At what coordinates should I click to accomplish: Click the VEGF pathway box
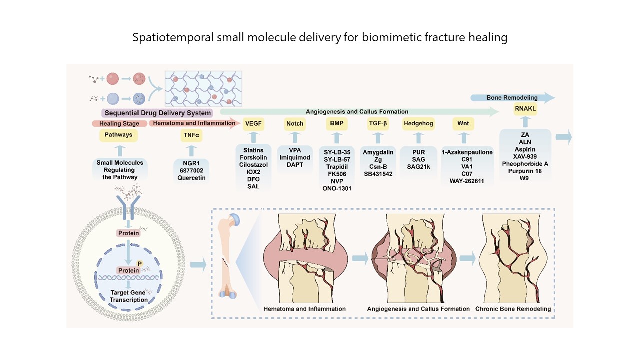pos(253,124)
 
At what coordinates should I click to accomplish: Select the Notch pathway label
pos(295,124)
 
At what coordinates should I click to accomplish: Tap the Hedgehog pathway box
pos(418,124)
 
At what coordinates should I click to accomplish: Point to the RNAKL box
pos(525,109)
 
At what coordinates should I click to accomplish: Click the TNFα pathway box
pos(191,135)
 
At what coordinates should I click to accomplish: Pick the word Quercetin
pos(191,178)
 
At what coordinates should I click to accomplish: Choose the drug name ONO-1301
pos(337,188)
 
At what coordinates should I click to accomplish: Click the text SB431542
pos(378,174)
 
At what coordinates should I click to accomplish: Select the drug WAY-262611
pos(467,181)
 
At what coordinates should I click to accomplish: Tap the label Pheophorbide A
pos(525,164)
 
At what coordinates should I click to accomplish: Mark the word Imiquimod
pos(295,157)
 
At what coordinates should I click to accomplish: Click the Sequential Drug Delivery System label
pos(157,113)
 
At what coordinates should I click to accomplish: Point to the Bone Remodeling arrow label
pos(512,98)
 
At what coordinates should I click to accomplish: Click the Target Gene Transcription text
pos(129,296)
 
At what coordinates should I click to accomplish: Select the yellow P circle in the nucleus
pos(139,263)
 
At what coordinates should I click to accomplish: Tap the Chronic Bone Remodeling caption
pos(513,309)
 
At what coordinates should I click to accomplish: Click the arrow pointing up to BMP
pos(337,138)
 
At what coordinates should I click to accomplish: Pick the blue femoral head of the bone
pos(235,220)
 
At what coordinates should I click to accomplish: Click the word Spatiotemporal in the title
pos(173,37)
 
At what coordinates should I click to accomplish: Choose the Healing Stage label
pos(119,123)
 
